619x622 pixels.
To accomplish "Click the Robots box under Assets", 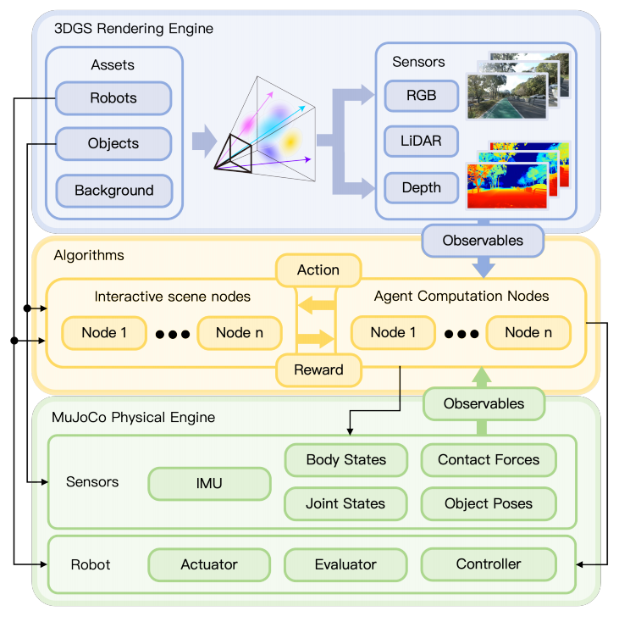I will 113,98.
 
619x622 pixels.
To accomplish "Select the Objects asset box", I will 113,144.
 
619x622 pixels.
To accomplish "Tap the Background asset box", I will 113,191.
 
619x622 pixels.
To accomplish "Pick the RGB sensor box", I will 421,96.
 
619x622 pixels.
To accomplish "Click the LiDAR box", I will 421,142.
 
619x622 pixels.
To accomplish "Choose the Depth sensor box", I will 421,187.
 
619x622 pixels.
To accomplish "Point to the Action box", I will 318,270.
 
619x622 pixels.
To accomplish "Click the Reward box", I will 318,369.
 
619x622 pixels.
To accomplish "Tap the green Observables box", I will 484,404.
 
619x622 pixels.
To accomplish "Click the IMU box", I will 209,484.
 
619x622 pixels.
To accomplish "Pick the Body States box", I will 345,460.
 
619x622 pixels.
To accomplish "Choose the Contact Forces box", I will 489,460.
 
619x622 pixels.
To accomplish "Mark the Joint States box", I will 345,504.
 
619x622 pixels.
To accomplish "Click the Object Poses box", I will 489,504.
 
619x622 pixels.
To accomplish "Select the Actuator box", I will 209,564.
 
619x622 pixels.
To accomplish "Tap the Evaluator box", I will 345,564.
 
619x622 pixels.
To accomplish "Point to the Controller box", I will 489,564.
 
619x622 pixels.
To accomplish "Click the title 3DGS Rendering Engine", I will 134,29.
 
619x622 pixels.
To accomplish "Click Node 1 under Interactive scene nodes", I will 104,333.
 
